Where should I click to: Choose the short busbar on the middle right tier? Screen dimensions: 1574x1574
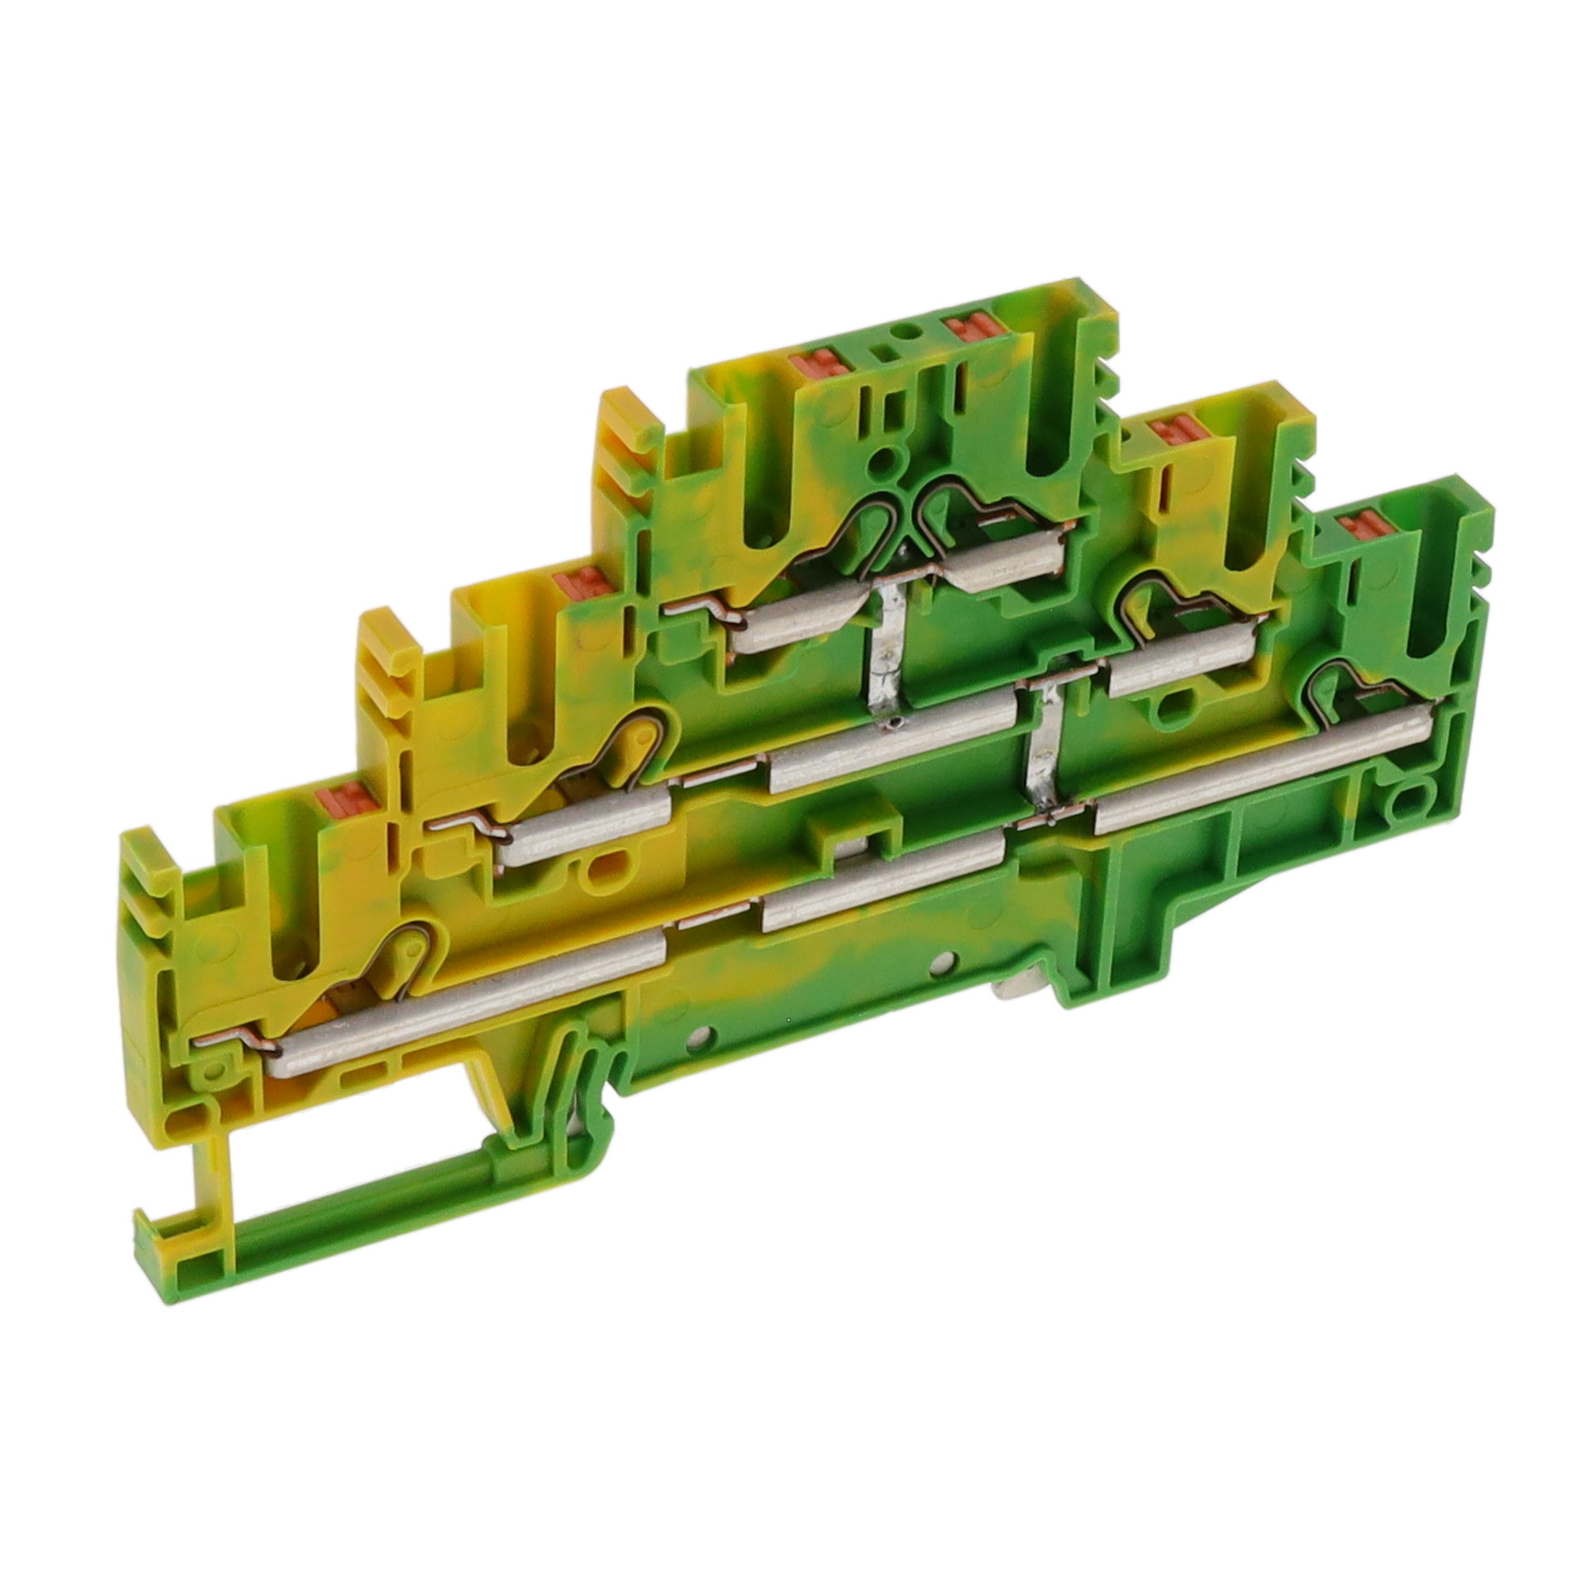pyautogui.click(x=1183, y=665)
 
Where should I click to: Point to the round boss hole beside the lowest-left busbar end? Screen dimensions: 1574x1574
pyautogui.click(x=219, y=1070)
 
